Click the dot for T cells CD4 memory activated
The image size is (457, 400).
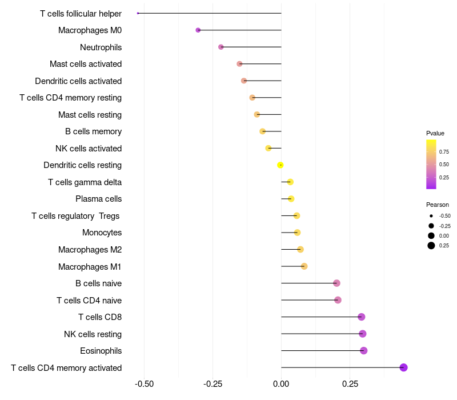point(403,367)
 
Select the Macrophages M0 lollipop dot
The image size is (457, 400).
point(198,30)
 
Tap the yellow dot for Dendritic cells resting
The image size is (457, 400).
point(280,165)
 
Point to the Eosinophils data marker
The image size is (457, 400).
point(363,351)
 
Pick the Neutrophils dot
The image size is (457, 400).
point(221,47)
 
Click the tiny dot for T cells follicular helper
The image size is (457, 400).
point(138,13)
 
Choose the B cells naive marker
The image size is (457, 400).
point(336,283)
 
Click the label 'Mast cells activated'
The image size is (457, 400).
point(86,64)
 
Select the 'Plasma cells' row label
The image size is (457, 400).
point(98,199)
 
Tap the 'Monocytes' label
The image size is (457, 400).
point(102,233)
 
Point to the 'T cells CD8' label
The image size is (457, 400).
point(100,317)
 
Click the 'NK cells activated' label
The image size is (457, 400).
point(89,149)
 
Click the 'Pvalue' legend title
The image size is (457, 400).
point(435,133)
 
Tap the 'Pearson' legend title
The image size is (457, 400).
point(438,205)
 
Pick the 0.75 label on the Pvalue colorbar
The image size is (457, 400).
point(444,152)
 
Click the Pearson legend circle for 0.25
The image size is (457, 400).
point(431,246)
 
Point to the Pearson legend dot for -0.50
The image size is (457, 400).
point(431,216)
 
